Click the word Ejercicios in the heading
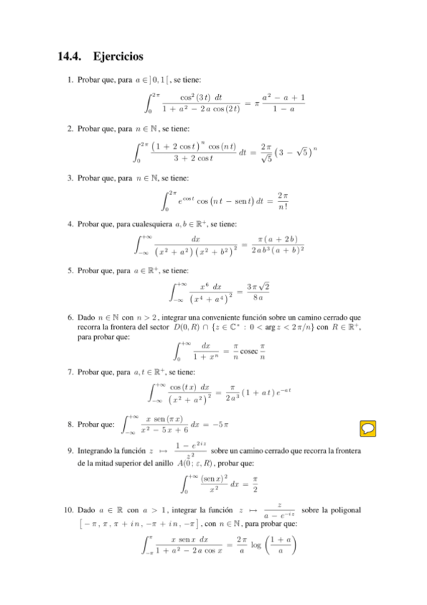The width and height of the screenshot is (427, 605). point(118,55)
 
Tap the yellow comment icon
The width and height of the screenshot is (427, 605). point(369,427)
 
